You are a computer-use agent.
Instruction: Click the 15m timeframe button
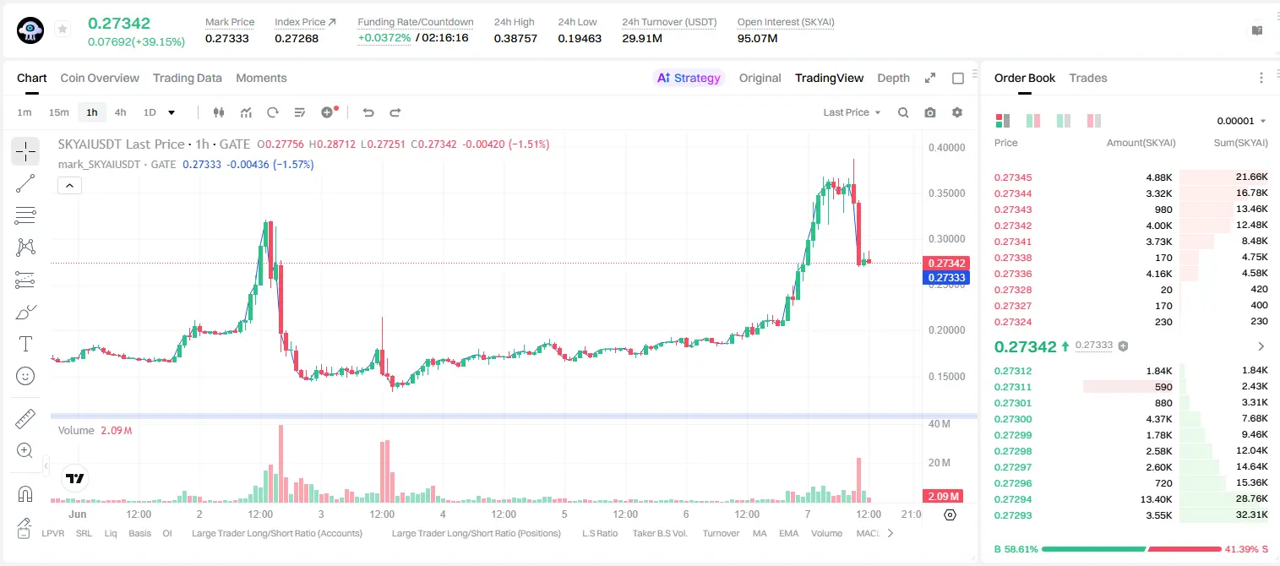tap(59, 112)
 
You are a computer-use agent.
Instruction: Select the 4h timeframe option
tap(120, 112)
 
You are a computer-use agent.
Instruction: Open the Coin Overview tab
tap(100, 78)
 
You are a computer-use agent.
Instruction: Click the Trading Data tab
tap(188, 78)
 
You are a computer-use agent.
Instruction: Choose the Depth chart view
tap(893, 78)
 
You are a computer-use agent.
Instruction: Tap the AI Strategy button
tap(689, 78)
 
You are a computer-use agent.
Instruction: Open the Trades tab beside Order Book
tap(1088, 78)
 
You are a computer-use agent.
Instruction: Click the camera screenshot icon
tap(930, 112)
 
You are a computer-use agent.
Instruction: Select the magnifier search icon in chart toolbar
tap(903, 112)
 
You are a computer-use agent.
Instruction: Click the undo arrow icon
tap(368, 112)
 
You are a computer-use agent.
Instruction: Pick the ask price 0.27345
tap(1012, 177)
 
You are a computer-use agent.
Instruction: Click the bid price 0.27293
tap(1012, 515)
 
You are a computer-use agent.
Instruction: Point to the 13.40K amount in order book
tap(1156, 499)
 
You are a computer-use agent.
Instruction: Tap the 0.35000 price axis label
tap(946, 193)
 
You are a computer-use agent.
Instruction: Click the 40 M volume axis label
tap(939, 424)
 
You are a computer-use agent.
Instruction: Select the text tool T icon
tap(25, 344)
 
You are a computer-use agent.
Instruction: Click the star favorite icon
tap(63, 29)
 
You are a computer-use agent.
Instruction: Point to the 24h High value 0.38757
tap(515, 38)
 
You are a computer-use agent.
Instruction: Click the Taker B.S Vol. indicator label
tap(659, 533)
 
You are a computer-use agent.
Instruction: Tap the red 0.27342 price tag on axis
tap(946, 263)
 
